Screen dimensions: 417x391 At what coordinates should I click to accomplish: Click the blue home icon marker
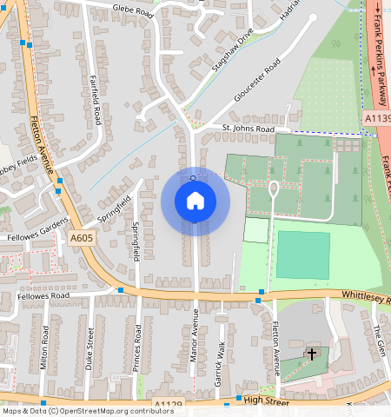pos(195,201)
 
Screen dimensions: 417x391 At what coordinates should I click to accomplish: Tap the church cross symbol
pos(312,354)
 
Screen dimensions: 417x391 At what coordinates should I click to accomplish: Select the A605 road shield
pos(81,238)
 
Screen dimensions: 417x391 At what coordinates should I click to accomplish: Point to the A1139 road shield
pos(377,118)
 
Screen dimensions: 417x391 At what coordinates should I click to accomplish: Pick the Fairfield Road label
pos(97,99)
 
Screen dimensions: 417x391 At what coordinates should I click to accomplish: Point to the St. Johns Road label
pos(248,129)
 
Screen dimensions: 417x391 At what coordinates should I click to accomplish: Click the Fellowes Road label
pos(43,296)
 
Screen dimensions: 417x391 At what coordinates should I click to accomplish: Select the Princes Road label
pos(137,349)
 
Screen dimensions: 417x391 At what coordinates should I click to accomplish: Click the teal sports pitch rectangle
pos(303,255)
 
